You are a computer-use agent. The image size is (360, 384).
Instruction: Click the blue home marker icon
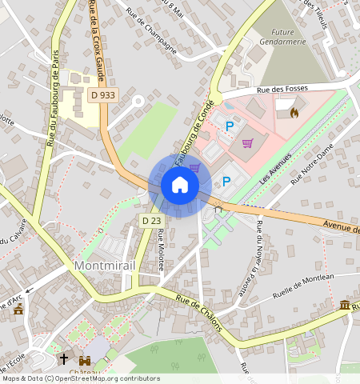pos(180,186)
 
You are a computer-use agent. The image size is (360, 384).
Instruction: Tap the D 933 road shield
pos(102,95)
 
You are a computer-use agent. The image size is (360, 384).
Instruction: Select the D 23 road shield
pos(151,220)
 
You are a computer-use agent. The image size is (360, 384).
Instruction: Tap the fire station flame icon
pos(294,113)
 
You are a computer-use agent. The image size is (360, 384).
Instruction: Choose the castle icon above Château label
pos(84,360)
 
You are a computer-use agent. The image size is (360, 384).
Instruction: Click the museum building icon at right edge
pos(344,306)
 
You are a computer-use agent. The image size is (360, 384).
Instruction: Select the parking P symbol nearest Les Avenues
pos(226,182)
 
